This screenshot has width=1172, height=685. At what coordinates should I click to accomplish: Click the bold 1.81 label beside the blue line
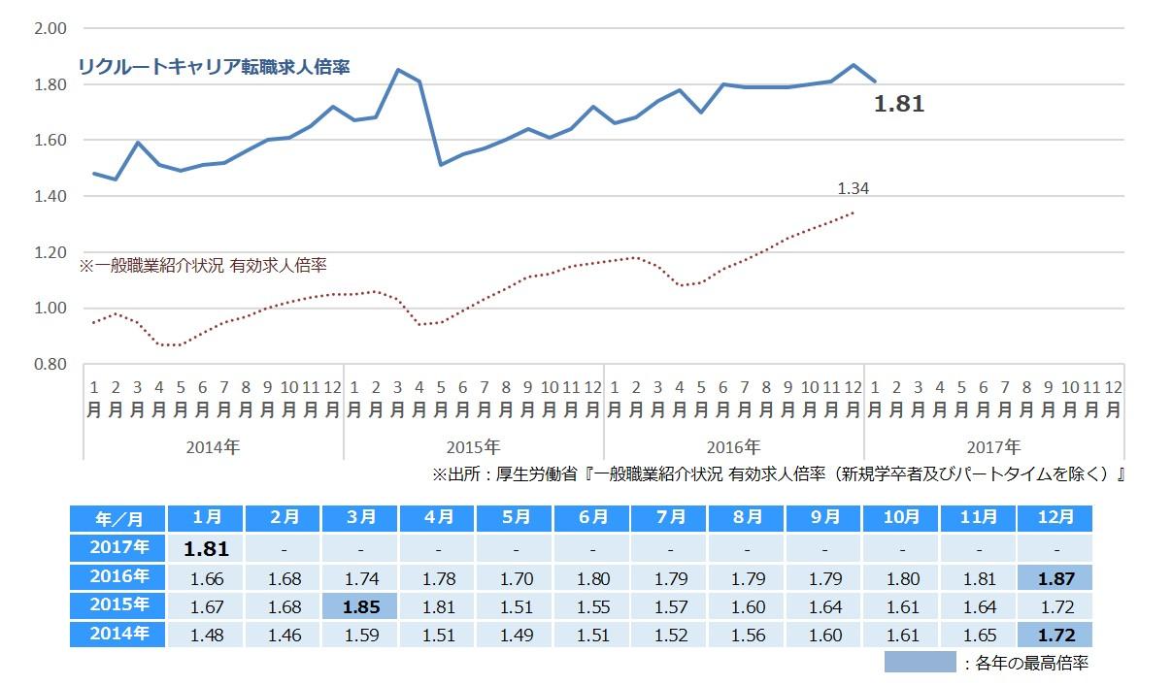[899, 105]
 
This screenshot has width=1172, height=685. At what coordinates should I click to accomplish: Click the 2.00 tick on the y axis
[50, 28]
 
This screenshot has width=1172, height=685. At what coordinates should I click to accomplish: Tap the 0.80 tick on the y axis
[50, 364]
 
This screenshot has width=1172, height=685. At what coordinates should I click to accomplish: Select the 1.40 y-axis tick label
[50, 196]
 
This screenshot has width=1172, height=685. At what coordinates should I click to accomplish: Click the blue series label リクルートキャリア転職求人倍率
[214, 67]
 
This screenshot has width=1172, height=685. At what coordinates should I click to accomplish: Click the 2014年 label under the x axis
[213, 447]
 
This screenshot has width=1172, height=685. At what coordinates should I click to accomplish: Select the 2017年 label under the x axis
[993, 447]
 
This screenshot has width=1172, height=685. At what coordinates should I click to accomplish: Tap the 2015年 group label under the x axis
[473, 447]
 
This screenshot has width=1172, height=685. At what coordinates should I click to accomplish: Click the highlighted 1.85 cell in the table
[359, 607]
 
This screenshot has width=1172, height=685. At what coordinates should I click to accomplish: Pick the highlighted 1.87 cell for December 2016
[1055, 579]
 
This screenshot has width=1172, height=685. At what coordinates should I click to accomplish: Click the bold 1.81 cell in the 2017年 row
[206, 549]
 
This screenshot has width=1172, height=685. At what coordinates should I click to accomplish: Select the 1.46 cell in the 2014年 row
[283, 636]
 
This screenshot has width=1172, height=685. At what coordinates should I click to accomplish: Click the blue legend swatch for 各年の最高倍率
[920, 663]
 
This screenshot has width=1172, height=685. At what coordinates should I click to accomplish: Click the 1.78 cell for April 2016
[437, 579]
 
